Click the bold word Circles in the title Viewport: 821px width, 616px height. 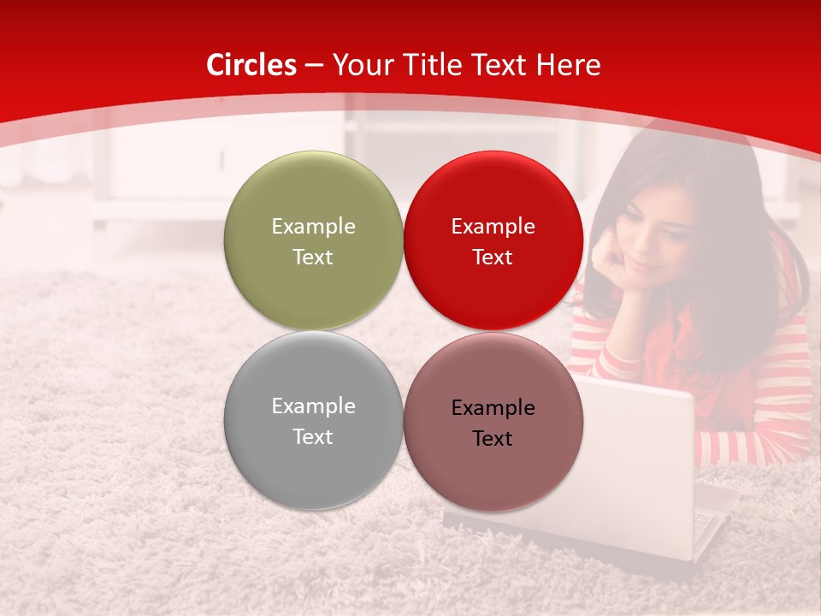(x=251, y=65)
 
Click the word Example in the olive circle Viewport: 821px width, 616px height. (x=313, y=227)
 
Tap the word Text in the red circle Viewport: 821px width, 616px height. (x=493, y=258)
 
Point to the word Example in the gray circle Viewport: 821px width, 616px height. (x=313, y=406)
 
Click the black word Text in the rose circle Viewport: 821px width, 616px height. (x=493, y=439)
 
